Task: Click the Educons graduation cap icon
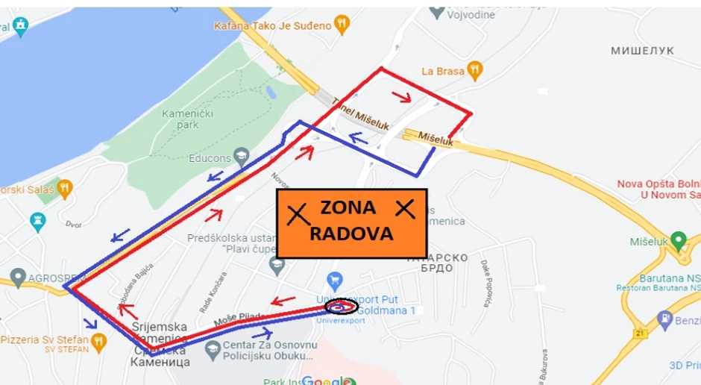pyautogui.click(x=241, y=157)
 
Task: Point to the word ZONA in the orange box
pyautogui.click(x=348, y=208)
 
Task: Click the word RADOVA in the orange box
pyautogui.click(x=351, y=234)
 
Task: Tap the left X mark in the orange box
pyautogui.click(x=298, y=214)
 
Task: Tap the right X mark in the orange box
pyautogui.click(x=405, y=209)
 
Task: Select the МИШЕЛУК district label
pyautogui.click(x=642, y=51)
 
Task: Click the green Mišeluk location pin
pyautogui.click(x=679, y=240)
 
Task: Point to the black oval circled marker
pyautogui.click(x=342, y=306)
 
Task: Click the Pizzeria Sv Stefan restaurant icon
pyautogui.click(x=100, y=340)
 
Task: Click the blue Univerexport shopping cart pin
pyautogui.click(x=335, y=281)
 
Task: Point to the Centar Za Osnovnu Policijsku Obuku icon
pyautogui.click(x=213, y=347)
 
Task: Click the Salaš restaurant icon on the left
pyautogui.click(x=65, y=188)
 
